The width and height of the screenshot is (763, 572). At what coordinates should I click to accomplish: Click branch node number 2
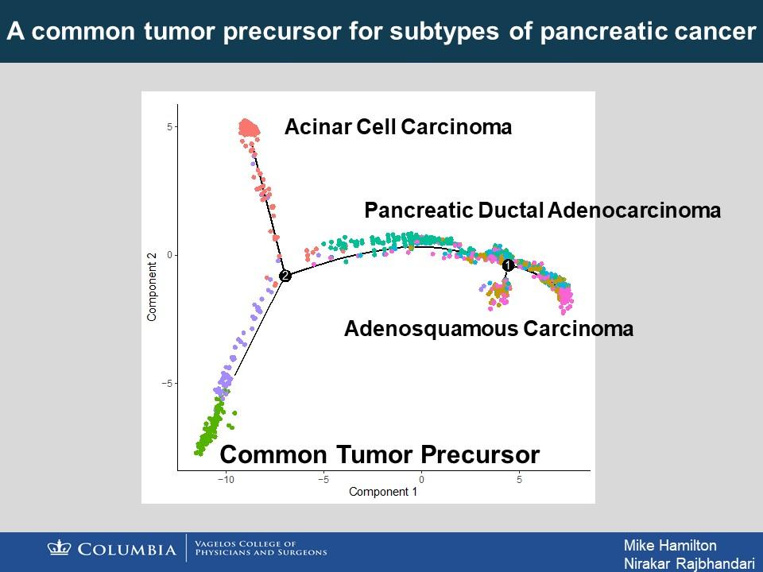tap(285, 276)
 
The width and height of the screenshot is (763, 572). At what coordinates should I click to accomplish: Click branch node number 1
tap(508, 265)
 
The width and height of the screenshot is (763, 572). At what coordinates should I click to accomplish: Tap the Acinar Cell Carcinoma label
tap(398, 127)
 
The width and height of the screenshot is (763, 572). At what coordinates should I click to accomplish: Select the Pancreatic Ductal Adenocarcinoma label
tap(543, 210)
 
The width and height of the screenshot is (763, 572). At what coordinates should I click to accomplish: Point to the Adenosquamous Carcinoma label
tap(489, 329)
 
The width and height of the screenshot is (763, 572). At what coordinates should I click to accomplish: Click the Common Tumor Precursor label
tap(380, 454)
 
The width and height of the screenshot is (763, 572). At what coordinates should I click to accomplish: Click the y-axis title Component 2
tap(152, 287)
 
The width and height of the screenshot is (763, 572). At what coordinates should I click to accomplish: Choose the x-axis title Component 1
tap(383, 492)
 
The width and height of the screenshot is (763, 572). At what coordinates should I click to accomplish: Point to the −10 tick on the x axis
tap(226, 480)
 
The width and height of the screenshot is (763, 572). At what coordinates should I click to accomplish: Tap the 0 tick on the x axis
tap(421, 480)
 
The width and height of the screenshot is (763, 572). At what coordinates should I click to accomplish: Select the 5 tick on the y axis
tap(170, 127)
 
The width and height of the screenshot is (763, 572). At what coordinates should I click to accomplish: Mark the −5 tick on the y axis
tap(168, 383)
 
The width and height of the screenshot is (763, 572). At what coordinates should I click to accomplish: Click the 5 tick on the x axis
tap(519, 480)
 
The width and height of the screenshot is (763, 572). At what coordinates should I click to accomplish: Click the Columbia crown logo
tap(60, 547)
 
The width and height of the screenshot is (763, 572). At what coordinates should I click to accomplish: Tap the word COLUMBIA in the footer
tap(127, 550)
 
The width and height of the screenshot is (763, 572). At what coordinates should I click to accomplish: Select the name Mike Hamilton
tap(670, 545)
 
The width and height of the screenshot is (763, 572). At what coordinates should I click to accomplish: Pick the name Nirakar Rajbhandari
tap(689, 563)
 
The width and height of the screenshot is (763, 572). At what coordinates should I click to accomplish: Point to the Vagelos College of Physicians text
tap(261, 547)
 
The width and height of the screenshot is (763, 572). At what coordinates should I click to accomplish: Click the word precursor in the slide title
tap(282, 31)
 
